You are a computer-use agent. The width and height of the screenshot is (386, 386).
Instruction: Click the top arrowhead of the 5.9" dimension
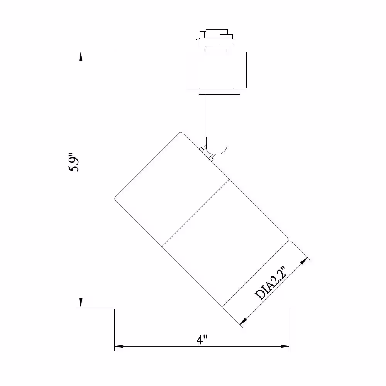click(x=81, y=56)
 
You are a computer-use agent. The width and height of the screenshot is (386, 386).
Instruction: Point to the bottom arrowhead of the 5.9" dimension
click(x=81, y=303)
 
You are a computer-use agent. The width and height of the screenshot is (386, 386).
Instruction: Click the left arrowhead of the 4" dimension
click(x=119, y=346)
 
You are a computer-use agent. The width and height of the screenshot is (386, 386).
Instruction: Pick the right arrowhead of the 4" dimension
click(x=285, y=346)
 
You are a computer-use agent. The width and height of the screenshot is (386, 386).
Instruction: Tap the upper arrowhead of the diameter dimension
click(x=304, y=261)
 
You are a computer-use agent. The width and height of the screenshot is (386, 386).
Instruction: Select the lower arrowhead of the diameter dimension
click(x=244, y=321)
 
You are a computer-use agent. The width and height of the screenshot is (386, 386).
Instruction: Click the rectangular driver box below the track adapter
click(x=216, y=70)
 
